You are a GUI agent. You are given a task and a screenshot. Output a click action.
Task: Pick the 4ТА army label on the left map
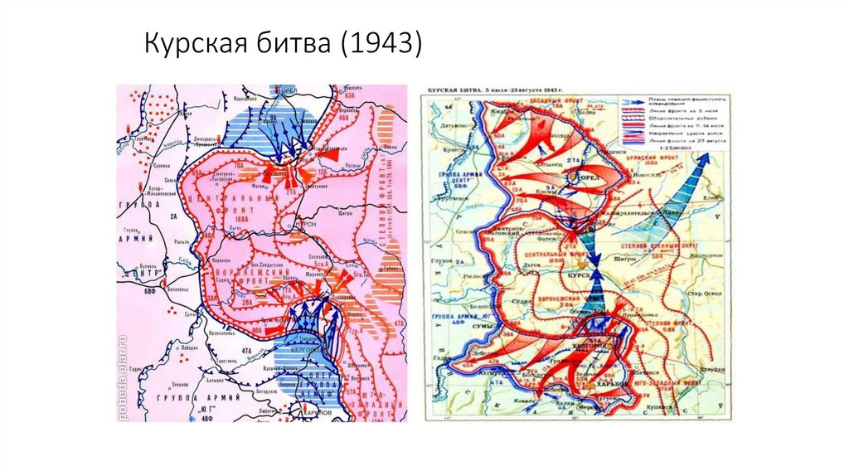point(247,351)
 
